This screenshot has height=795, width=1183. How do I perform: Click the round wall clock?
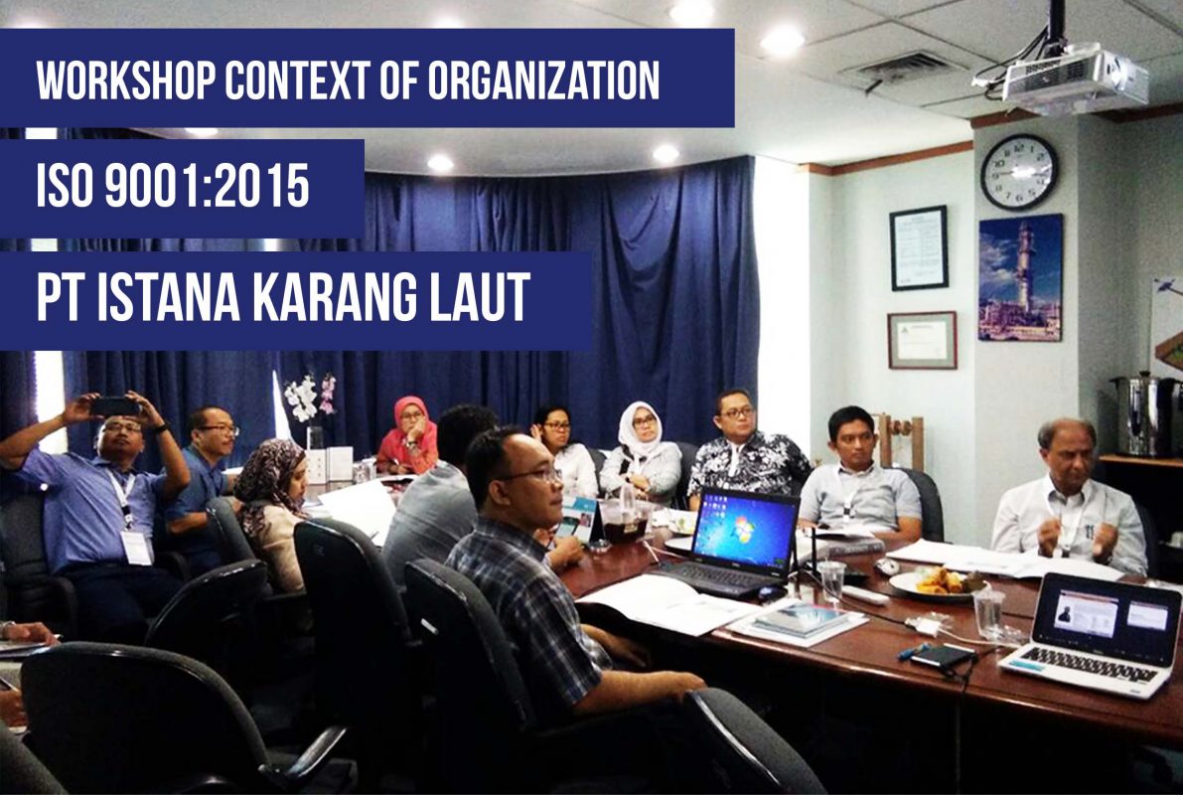(x=1019, y=172)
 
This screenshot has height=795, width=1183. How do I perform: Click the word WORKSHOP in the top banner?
(x=126, y=79)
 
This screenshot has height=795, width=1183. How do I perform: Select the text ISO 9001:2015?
(x=173, y=187)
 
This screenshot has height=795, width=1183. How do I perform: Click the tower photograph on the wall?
(x=1020, y=277)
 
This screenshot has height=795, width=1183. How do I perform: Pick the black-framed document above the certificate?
(x=918, y=247)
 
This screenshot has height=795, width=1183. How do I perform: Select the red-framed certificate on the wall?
(x=922, y=340)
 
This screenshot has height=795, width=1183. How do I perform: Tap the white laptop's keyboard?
(x=1088, y=663)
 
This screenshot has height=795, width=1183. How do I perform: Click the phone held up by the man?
(x=115, y=406)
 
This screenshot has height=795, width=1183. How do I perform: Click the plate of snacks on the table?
(x=937, y=582)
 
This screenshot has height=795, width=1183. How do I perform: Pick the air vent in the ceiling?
(x=899, y=69)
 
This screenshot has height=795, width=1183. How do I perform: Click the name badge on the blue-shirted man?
(x=136, y=547)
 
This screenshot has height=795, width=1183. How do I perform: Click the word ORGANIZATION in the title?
(x=544, y=79)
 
